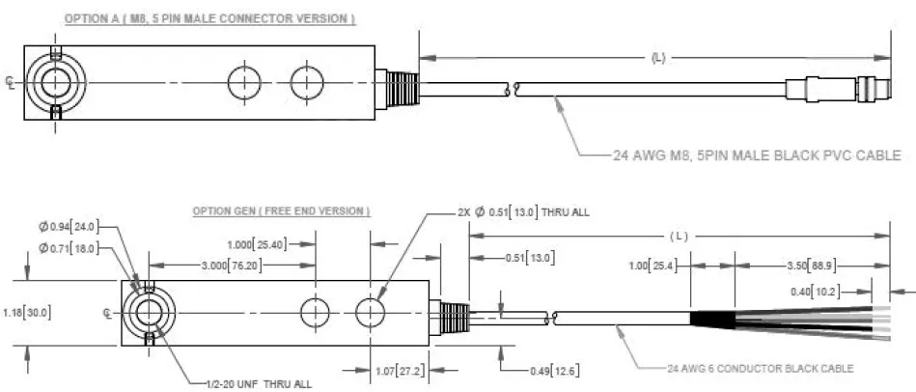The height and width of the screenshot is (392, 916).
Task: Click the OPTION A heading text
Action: click(209, 18)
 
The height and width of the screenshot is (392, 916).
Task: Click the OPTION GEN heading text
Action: click(281, 210)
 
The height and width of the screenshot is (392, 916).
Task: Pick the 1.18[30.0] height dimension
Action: click(27, 312)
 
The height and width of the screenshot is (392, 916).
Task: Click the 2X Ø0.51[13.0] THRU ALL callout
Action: click(525, 211)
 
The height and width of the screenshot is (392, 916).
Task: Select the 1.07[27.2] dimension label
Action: click(400, 370)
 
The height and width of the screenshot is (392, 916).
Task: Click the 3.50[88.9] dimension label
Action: click(802, 264)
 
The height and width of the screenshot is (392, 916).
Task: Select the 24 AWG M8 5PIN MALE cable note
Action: click(757, 154)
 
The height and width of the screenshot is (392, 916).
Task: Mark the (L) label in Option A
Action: click(657, 58)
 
